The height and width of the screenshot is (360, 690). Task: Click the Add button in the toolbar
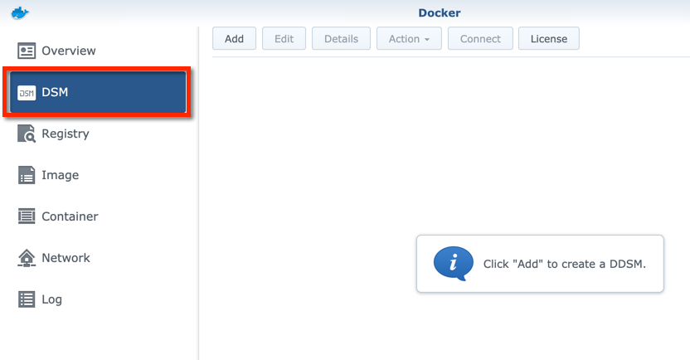tap(234, 39)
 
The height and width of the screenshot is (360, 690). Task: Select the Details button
tap(341, 39)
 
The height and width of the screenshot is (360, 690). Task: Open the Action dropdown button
tap(409, 39)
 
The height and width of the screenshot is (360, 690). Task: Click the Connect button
tap(480, 39)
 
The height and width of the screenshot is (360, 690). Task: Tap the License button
tap(548, 39)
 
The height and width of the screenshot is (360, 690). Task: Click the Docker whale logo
tap(21, 12)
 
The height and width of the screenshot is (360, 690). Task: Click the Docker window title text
tap(440, 13)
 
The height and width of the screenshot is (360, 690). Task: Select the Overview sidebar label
tap(69, 51)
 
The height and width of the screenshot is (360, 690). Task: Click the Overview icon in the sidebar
tap(27, 51)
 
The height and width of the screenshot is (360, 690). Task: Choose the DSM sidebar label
tap(55, 92)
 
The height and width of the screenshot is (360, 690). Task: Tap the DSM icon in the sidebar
tap(27, 92)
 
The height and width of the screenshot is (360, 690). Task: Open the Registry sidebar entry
tap(66, 134)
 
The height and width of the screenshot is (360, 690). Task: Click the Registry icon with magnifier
tap(27, 134)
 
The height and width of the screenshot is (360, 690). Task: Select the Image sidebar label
tap(61, 175)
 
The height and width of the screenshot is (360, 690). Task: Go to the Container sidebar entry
tap(70, 216)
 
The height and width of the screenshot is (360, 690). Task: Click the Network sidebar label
tap(66, 258)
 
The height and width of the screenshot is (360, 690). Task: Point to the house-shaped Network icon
tap(27, 258)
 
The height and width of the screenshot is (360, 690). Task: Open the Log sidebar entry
tap(51, 299)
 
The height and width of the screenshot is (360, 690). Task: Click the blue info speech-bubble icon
tap(453, 264)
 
